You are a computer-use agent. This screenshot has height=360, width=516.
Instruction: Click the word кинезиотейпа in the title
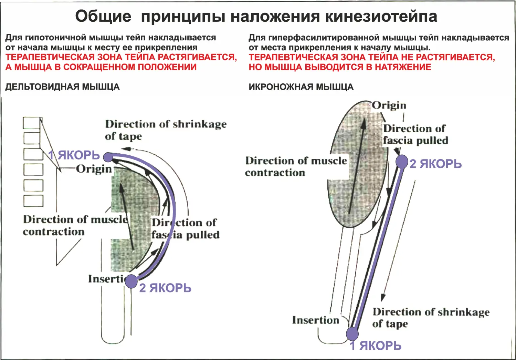pyautogui.click(x=381, y=16)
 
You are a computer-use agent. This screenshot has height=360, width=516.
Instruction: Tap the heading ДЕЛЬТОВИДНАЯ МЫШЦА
pyautogui.click(x=62, y=87)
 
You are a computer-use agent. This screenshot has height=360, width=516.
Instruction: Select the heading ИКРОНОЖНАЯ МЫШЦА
pyautogui.click(x=301, y=87)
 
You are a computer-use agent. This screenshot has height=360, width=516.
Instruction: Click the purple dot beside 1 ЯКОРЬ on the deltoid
pyautogui.click(x=108, y=157)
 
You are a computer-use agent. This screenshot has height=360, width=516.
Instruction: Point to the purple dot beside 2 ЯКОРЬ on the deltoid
pyautogui.click(x=131, y=281)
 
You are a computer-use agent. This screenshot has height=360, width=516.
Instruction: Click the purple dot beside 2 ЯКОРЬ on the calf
pyautogui.click(x=401, y=161)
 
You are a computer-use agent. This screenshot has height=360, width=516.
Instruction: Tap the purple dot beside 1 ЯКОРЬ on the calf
pyautogui.click(x=352, y=333)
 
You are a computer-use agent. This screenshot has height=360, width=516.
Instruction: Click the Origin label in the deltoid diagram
pyautogui.click(x=94, y=169)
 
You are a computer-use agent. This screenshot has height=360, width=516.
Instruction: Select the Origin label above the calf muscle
pyautogui.click(x=389, y=105)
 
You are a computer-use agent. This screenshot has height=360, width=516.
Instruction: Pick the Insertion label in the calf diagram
pyautogui.click(x=315, y=320)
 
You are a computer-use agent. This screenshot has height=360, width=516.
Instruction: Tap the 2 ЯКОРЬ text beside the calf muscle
pyautogui.click(x=435, y=164)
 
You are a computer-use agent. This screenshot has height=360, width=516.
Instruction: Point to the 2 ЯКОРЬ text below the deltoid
pyautogui.click(x=165, y=288)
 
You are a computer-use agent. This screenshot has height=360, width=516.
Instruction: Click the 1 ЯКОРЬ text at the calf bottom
pyautogui.click(x=376, y=346)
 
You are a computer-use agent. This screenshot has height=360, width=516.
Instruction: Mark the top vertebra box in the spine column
pyautogui.click(x=32, y=123)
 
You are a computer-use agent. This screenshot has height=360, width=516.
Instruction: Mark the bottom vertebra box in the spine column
pyautogui.click(x=33, y=201)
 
